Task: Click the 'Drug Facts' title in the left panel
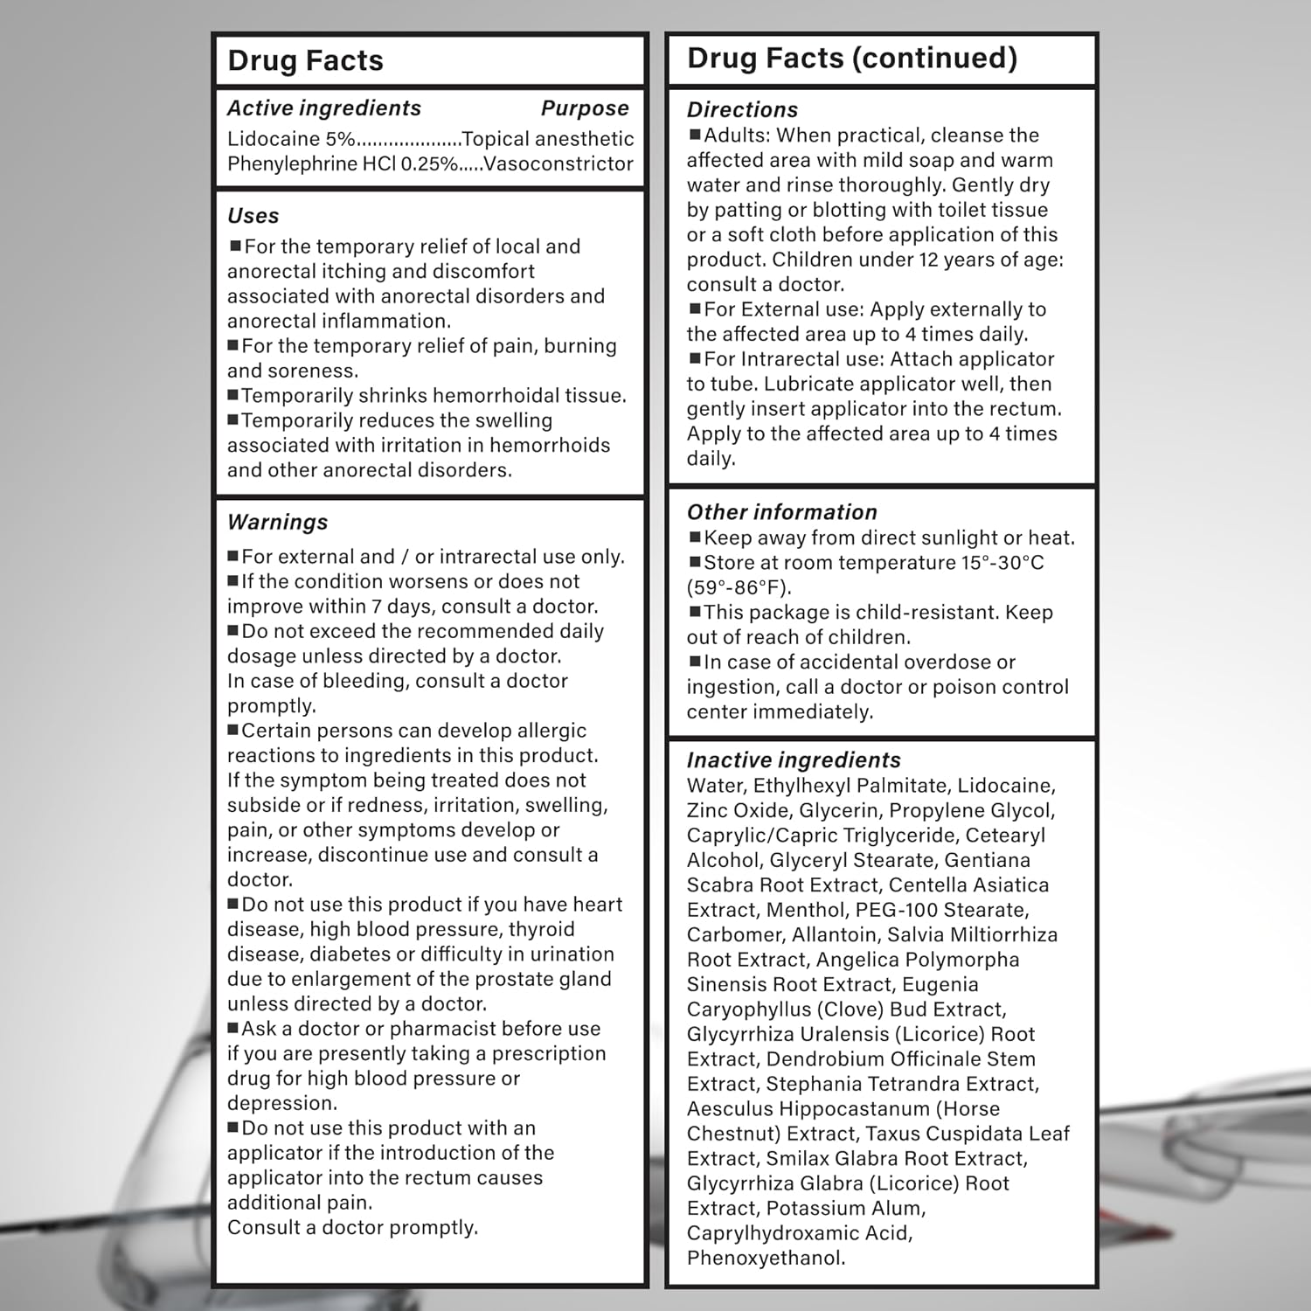tap(305, 60)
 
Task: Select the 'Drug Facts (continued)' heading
tap(852, 58)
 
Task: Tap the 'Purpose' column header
tap(585, 108)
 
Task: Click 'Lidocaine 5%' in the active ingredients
tap(291, 139)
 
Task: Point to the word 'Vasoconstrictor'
tap(558, 163)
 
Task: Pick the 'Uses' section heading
tap(253, 216)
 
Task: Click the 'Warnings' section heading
tap(277, 522)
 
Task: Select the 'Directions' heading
tap(742, 110)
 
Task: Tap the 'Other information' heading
tap(781, 512)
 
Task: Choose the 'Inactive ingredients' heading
tap(793, 760)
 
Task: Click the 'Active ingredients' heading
tap(323, 108)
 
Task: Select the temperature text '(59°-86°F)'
tap(739, 587)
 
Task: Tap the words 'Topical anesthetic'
tap(548, 139)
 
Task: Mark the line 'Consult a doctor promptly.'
tap(352, 1227)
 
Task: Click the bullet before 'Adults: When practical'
tap(695, 135)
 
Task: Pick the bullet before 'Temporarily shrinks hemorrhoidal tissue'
tap(233, 395)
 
